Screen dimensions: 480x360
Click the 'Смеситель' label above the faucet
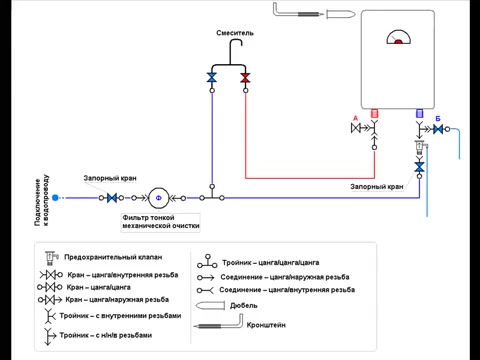[x=235, y=33]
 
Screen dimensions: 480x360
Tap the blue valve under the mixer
[x=212, y=78]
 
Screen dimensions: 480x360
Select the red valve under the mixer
[x=245, y=78]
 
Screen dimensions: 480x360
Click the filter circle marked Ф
[x=159, y=198]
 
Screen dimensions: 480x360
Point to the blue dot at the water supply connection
[x=55, y=198]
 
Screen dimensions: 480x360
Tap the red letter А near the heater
[x=355, y=118]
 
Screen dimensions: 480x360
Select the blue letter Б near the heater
[x=438, y=119]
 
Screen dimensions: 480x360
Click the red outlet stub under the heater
[x=374, y=114]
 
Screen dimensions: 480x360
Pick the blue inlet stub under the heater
[x=420, y=113]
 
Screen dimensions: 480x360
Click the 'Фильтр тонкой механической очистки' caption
[x=161, y=222]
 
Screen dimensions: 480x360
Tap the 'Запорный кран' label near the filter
[x=110, y=178]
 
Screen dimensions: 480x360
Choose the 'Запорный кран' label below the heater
[x=377, y=187]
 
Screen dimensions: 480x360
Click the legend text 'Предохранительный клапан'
[x=113, y=257]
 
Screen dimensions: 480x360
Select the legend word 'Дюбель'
[x=244, y=306]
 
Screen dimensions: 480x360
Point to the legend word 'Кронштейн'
[x=266, y=325]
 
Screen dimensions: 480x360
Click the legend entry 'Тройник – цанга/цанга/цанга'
[x=271, y=263]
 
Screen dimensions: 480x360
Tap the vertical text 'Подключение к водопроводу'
[x=42, y=200]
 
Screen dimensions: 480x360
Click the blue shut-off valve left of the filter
[x=112, y=198]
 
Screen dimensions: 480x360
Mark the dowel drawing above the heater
[x=341, y=14]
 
